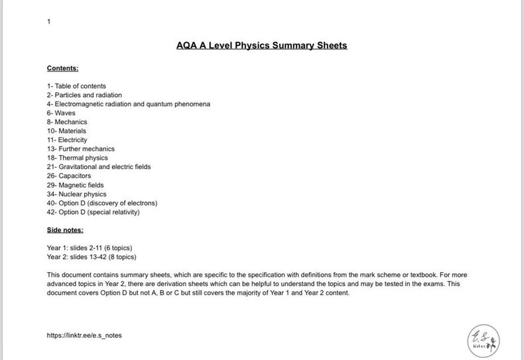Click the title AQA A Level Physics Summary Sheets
pos(261,46)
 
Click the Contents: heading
pos(63,68)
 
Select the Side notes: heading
pos(65,230)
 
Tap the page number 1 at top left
pos(49,22)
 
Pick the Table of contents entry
pos(76,86)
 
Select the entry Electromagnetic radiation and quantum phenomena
pos(128,104)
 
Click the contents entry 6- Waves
pos(61,113)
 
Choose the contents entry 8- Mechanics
pos(67,122)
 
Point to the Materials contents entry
pos(66,131)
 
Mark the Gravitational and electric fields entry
pos(98,167)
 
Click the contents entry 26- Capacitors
pos(69,176)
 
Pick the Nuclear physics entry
pos(77,194)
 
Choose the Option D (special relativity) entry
pos(93,212)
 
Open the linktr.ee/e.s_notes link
pos(84,335)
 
